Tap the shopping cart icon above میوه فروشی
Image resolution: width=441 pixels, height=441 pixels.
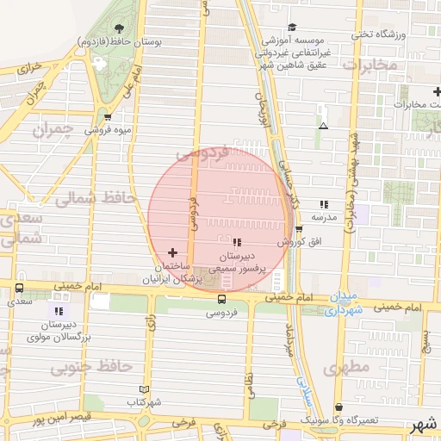click(108, 117)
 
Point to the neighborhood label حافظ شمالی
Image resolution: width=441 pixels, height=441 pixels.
click(96, 198)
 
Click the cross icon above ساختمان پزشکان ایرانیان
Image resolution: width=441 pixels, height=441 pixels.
click(173, 252)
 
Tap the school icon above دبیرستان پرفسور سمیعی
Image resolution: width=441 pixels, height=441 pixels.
click(238, 243)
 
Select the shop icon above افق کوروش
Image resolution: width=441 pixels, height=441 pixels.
click(299, 230)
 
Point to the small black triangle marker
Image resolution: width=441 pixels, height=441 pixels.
click(323, 126)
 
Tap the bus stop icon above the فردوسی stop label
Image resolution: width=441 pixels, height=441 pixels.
click(222, 300)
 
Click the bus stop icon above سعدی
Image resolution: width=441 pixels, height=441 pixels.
click(20, 290)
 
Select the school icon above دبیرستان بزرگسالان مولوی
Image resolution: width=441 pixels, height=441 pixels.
click(59, 311)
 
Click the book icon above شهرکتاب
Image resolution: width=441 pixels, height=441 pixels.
click(144, 389)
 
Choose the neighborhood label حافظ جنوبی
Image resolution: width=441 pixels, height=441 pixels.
click(90, 368)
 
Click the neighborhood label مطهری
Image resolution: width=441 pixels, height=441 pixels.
click(346, 368)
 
